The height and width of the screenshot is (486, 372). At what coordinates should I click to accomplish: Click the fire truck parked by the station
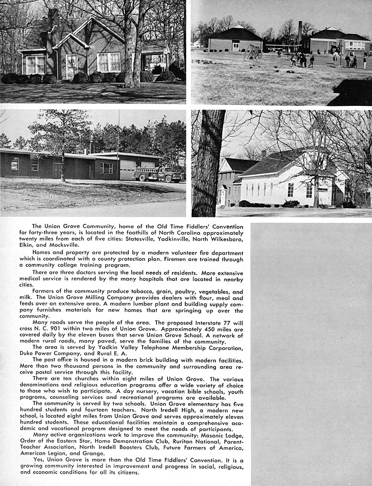(x=158, y=174)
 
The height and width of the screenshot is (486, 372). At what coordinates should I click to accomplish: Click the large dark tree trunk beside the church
(x=208, y=163)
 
